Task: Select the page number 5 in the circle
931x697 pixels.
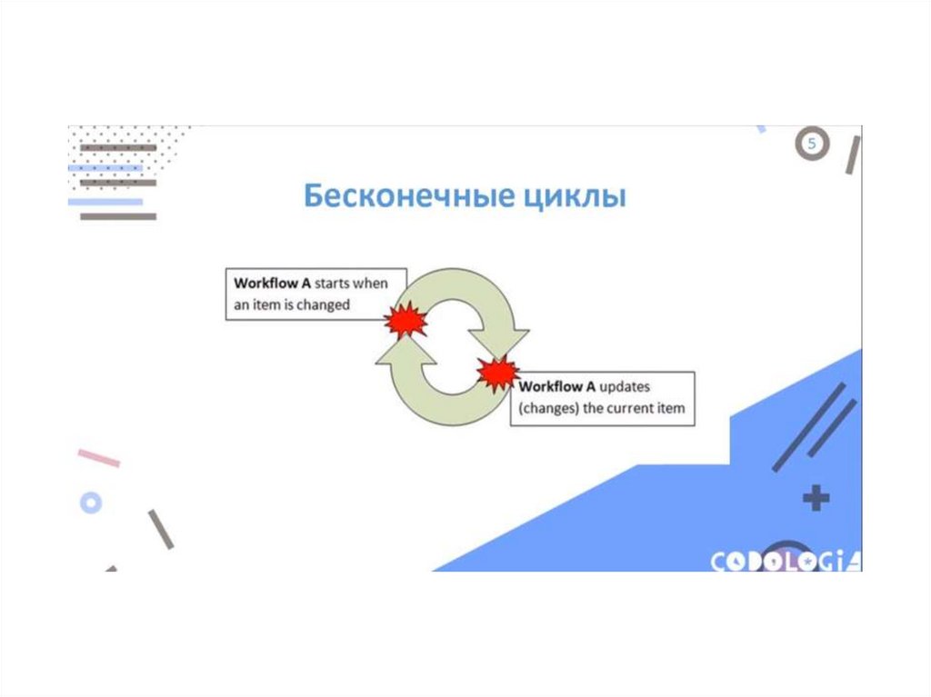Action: click(x=813, y=144)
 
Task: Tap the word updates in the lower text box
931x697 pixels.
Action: click(x=624, y=386)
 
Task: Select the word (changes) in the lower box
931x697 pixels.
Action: click(x=548, y=409)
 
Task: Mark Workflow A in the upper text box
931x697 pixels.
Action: click(x=271, y=284)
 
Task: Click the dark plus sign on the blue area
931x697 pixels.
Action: click(x=816, y=498)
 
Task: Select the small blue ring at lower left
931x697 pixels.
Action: click(x=91, y=502)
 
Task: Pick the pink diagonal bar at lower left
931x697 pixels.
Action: click(x=98, y=458)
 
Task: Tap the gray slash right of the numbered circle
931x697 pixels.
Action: click(x=852, y=154)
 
